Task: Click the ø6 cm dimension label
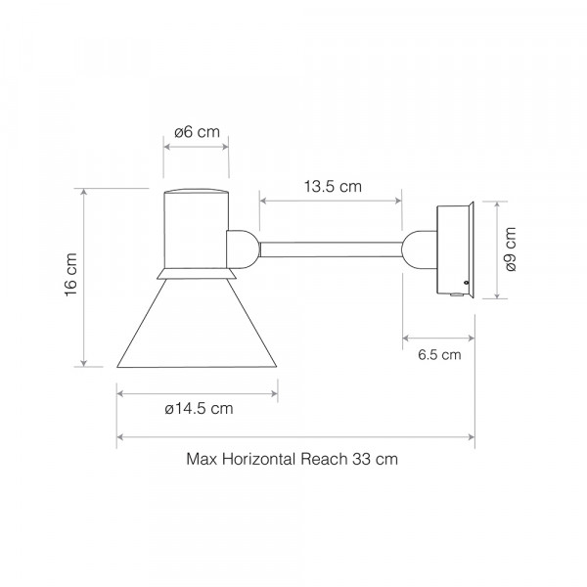coord(197,132)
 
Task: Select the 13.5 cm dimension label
coord(333,187)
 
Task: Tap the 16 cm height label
coord(70,275)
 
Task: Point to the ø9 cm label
coord(511,248)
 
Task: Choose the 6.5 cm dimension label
coord(439,354)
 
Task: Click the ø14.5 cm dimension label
coord(199,408)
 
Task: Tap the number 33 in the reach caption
coord(360,459)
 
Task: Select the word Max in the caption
coord(202,459)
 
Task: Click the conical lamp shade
coord(197,324)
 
